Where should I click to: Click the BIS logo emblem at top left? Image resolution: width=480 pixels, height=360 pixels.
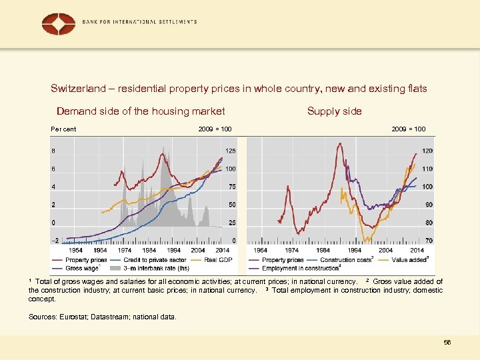pyautogui.click(x=59, y=24)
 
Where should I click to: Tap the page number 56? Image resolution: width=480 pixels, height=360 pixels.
pyautogui.click(x=447, y=342)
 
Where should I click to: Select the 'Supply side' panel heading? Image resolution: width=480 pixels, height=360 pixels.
pyautogui.click(x=334, y=111)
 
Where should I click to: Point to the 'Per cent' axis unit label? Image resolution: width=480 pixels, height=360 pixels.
pyautogui.click(x=64, y=129)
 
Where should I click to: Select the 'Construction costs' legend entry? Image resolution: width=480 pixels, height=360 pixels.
pyautogui.click(x=345, y=259)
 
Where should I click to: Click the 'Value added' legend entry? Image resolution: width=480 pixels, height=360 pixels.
pyautogui.click(x=409, y=259)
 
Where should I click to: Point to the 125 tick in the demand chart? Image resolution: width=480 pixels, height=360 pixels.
pyautogui.click(x=230, y=151)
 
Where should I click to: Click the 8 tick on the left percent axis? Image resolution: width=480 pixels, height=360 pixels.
pyautogui.click(x=53, y=151)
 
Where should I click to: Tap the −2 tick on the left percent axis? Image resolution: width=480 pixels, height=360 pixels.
pyautogui.click(x=54, y=240)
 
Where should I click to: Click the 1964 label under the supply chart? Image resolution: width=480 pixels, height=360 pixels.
pyautogui.click(x=261, y=250)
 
